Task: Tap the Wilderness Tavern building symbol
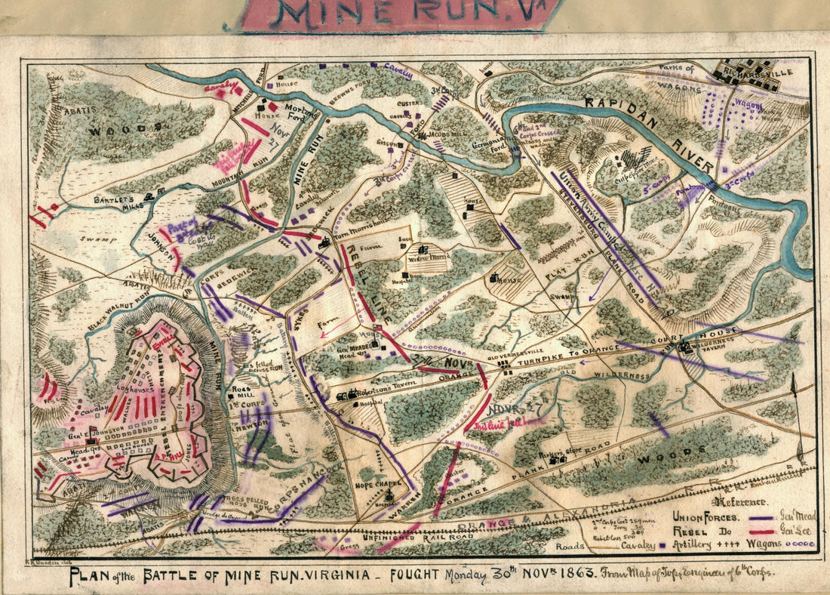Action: click(x=685, y=348)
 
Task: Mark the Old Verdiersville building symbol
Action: click(x=503, y=363)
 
